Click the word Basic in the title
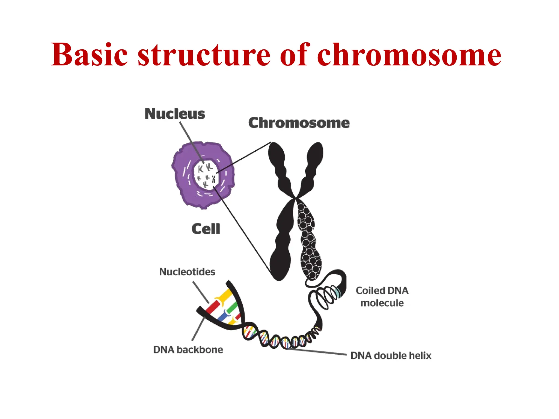[89, 55]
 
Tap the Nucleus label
[175, 113]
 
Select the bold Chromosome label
[299, 123]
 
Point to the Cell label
[206, 229]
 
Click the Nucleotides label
[187, 272]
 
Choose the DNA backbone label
[188, 349]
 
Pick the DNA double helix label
[391, 356]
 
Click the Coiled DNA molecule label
[382, 297]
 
